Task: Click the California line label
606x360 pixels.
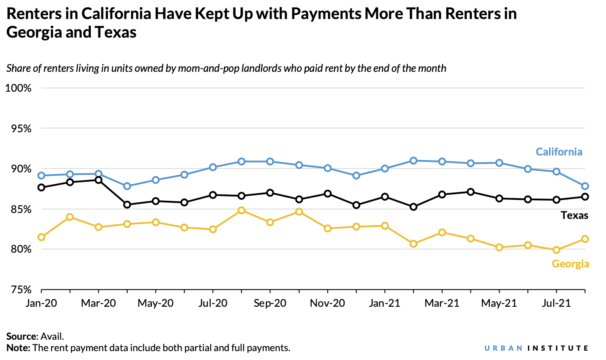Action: pos(559,152)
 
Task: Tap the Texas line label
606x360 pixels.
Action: pos(574,215)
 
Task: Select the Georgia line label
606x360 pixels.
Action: pos(570,264)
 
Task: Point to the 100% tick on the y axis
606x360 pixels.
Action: pos(19,88)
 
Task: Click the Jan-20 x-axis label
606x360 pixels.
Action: pos(41,303)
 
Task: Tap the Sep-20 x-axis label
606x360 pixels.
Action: pos(270,303)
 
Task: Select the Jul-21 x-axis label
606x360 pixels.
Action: pos(556,303)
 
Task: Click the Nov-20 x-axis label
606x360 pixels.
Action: pos(327,303)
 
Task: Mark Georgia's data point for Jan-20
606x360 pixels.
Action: pos(41,237)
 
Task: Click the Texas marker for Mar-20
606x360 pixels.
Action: pos(98,180)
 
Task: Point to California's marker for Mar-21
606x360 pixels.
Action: pos(442,161)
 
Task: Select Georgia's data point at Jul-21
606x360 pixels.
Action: pos(556,250)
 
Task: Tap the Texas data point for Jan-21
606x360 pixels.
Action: pos(385,197)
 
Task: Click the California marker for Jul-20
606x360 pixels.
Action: pos(213,167)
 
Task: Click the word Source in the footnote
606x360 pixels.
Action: pos(22,336)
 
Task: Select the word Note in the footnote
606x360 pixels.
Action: pos(18,348)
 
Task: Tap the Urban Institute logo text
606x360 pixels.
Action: pos(536,348)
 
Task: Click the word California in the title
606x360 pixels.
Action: pos(116,14)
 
